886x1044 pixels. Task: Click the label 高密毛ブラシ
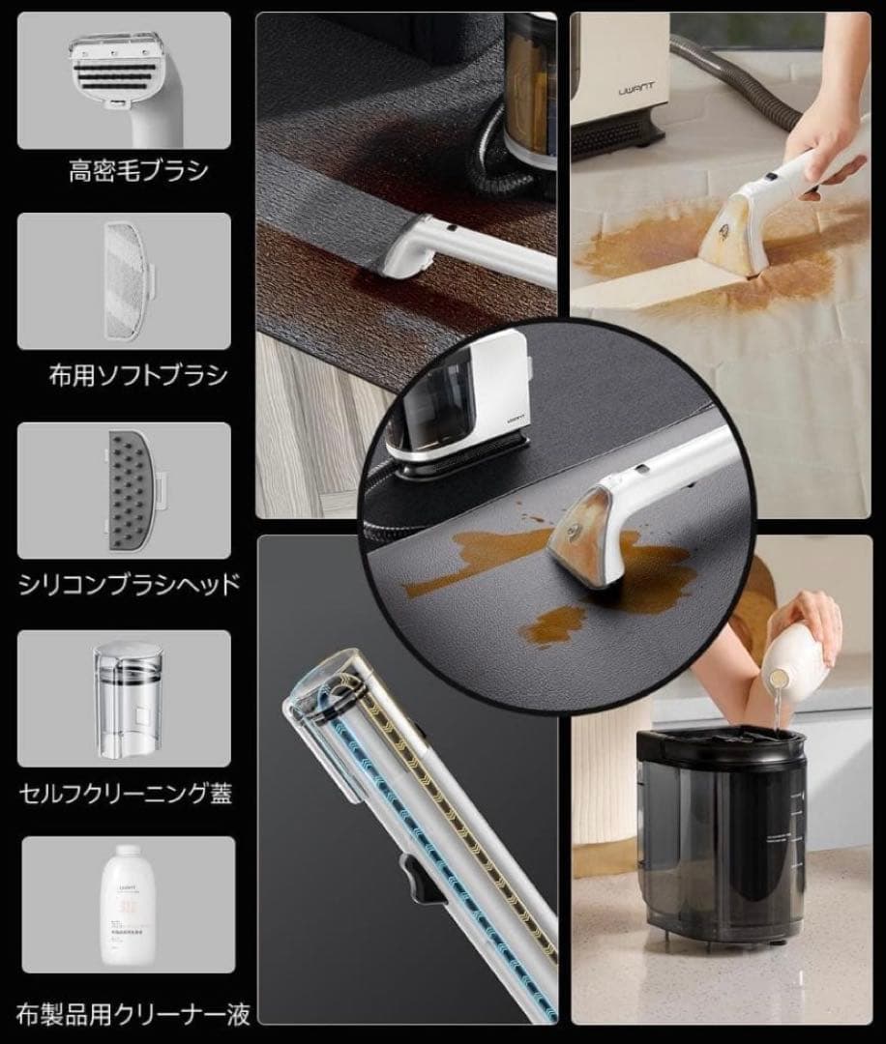pyautogui.click(x=138, y=172)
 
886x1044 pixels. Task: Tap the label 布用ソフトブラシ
pyautogui.click(x=138, y=375)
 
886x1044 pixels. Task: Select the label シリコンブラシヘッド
pyautogui.click(x=130, y=585)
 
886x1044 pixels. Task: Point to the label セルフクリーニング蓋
pyautogui.click(x=126, y=795)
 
